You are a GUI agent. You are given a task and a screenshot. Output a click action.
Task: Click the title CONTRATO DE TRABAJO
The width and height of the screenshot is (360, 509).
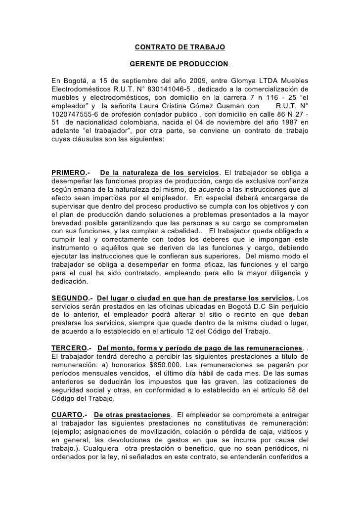pos(180,48)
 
